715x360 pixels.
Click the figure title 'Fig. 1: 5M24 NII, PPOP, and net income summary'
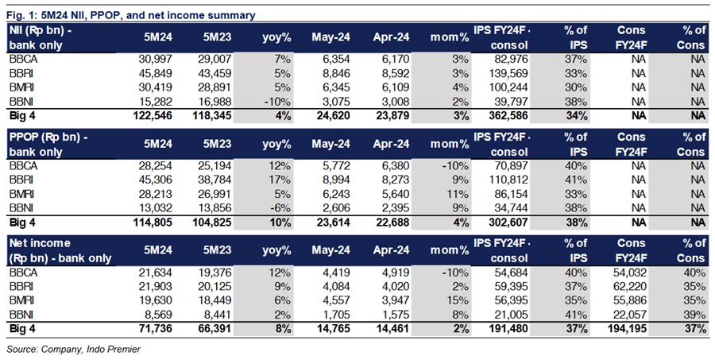click(131, 15)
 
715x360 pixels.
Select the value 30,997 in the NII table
click(156, 59)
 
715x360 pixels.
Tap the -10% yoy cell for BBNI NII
click(278, 101)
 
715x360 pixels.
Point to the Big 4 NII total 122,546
click(153, 115)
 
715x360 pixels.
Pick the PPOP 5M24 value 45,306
click(156, 180)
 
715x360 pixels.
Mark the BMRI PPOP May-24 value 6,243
click(335, 194)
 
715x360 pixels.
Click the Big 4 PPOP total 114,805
click(153, 223)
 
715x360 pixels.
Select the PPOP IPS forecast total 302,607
click(508, 223)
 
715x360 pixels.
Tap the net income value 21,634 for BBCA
click(156, 273)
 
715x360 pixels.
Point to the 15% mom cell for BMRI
click(458, 300)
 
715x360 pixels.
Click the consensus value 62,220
click(630, 287)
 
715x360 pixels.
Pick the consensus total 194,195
click(628, 329)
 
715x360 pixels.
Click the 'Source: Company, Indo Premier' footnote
click(73, 350)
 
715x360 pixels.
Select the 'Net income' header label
click(40, 243)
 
